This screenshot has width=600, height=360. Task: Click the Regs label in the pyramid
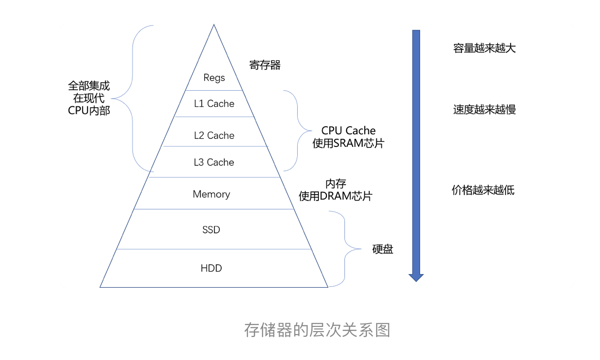[x=214, y=77]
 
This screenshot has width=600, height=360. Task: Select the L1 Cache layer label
[x=214, y=103]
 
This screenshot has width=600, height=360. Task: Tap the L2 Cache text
[x=214, y=136]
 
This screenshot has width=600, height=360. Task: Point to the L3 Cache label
[x=214, y=162]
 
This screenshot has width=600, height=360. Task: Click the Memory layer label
[x=211, y=194]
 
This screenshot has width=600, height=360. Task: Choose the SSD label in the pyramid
[x=211, y=230]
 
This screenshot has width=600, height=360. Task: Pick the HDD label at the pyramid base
[x=211, y=268]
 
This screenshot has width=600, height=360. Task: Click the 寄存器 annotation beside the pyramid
[x=265, y=65]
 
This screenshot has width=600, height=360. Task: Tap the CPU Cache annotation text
[x=348, y=131]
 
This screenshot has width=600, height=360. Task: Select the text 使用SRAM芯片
[x=348, y=144]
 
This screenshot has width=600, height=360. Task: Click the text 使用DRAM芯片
[x=335, y=196]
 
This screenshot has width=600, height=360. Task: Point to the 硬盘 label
[x=383, y=249]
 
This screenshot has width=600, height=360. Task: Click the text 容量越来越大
[x=484, y=48]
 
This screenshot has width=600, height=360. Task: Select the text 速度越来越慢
[x=484, y=110]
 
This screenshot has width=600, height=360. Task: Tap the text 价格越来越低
[x=483, y=190]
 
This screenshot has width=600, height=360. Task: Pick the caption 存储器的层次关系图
[x=317, y=330]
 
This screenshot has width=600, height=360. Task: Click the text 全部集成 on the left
[x=89, y=86]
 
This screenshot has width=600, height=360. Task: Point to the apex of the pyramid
[x=214, y=26]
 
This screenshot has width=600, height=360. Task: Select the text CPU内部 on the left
[x=89, y=111]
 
